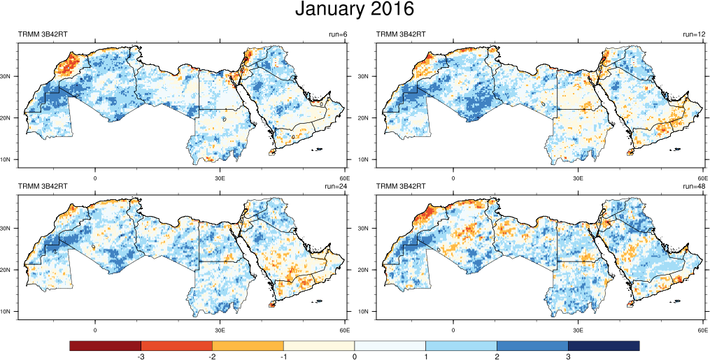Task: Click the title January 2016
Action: click(355, 10)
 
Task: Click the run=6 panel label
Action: click(337, 34)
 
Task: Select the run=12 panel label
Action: click(695, 34)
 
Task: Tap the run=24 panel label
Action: click(337, 187)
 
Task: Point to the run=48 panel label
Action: click(695, 187)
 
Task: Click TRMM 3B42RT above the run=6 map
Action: click(43, 34)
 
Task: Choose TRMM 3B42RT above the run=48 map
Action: click(402, 187)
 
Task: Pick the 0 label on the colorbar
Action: click(355, 357)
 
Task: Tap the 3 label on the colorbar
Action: click(568, 357)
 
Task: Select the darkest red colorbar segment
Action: click(105, 345)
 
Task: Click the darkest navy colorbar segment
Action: click(604, 345)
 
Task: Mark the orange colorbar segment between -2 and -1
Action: click(248, 345)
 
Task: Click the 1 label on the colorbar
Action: click(426, 357)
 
